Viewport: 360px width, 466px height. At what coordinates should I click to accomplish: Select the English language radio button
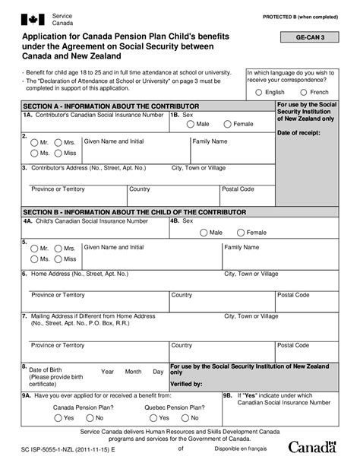click(x=260, y=92)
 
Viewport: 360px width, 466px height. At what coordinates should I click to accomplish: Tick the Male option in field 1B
click(x=190, y=123)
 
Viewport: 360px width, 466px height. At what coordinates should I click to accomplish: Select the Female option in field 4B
click(x=240, y=232)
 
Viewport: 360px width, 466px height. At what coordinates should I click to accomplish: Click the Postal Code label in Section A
click(x=238, y=189)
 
